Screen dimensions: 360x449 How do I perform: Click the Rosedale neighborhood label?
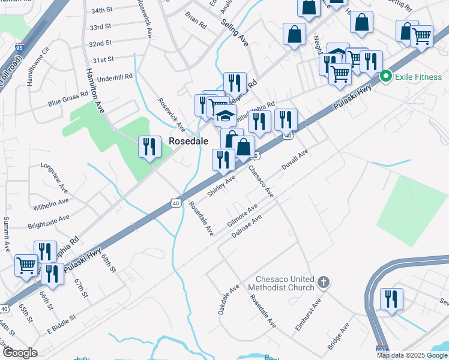pyautogui.click(x=188, y=141)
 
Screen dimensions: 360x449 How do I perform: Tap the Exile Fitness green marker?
pyautogui.click(x=387, y=76)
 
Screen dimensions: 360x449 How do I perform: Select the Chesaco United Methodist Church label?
pyautogui.click(x=285, y=283)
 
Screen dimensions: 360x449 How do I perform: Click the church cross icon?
pyautogui.click(x=323, y=282)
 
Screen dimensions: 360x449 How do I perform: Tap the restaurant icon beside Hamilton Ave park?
pyautogui.click(x=149, y=146)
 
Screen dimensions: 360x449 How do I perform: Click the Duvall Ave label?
pyautogui.click(x=294, y=161)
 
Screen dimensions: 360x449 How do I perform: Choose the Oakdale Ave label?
pyautogui.click(x=229, y=299)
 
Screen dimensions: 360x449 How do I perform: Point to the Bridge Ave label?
pyautogui.click(x=339, y=338)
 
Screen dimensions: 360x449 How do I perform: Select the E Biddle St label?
pyautogui.click(x=61, y=324)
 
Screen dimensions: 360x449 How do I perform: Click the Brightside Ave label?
pyautogui.click(x=49, y=222)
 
